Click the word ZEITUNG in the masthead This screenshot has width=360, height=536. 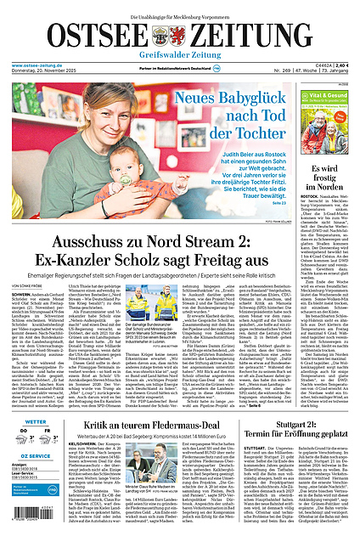coord(264,36)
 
